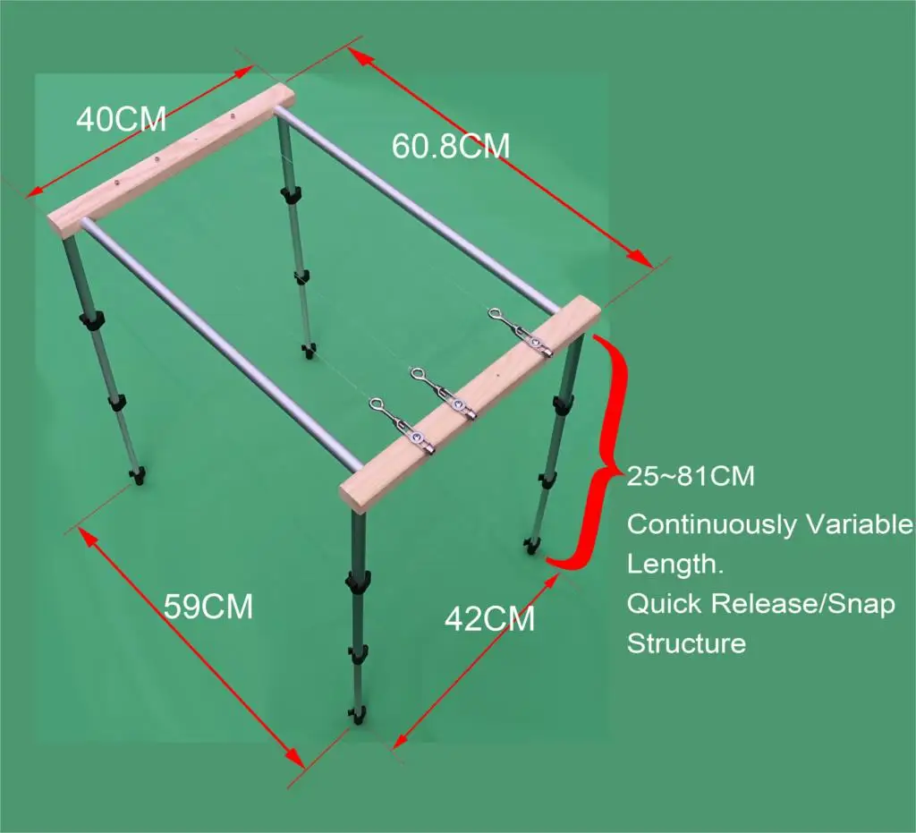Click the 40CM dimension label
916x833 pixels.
[x=121, y=119]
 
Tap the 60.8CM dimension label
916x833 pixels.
[x=450, y=145]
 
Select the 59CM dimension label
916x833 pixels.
[x=208, y=607]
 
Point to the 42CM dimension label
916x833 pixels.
[x=489, y=618]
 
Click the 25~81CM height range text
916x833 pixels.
[x=691, y=476]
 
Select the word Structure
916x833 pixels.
[x=686, y=642]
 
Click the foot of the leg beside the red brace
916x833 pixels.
[x=533, y=544]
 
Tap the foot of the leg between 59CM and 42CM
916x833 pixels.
[x=358, y=715]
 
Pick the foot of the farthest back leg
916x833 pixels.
[x=309, y=347]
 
